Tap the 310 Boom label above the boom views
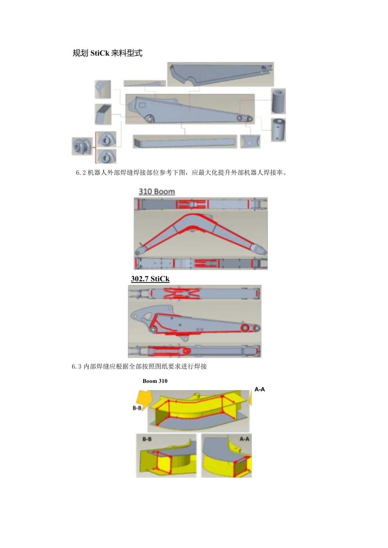tap(156, 192)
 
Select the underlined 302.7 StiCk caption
tap(150, 279)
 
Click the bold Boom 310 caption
tap(155, 381)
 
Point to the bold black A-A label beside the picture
tap(260, 390)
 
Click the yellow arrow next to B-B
tap(143, 398)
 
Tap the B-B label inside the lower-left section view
tap(147, 439)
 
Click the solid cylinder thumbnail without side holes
tap(278, 101)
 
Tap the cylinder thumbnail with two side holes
tap(278, 129)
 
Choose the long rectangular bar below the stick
tap(184, 142)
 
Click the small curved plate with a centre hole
tap(250, 142)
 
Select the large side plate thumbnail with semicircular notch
tap(220, 75)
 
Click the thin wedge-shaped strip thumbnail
tap(145, 83)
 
